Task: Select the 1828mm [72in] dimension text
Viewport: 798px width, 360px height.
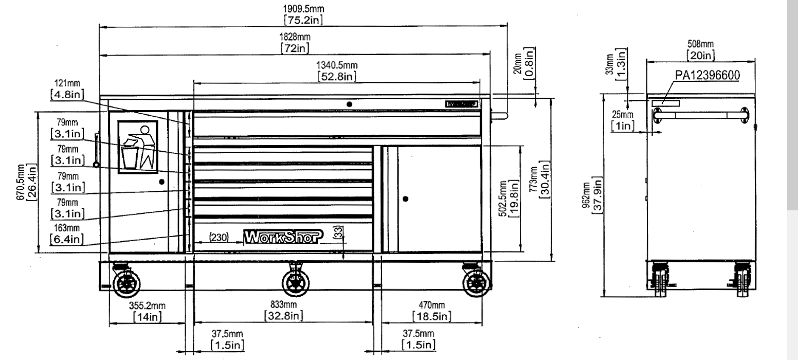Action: (x=295, y=43)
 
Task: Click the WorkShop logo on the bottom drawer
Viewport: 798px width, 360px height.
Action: (x=285, y=236)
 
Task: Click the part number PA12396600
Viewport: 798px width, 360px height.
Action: (x=707, y=76)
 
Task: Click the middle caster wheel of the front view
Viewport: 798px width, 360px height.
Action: (x=296, y=282)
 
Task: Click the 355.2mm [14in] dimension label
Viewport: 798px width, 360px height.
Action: (x=147, y=311)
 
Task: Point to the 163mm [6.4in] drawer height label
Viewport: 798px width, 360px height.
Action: (x=67, y=235)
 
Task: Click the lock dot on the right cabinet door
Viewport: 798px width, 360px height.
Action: (x=405, y=199)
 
